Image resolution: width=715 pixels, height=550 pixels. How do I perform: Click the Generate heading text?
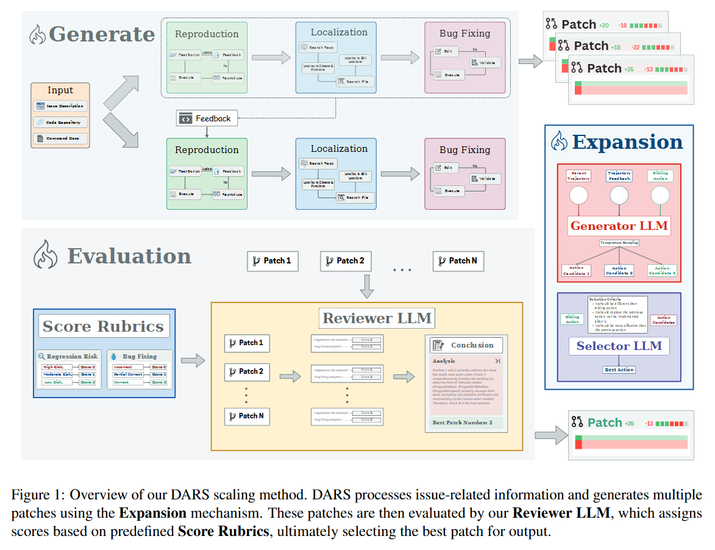(101, 34)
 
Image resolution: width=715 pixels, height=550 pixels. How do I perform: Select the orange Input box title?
(60, 90)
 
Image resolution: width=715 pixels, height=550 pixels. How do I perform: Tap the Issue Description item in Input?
(60, 106)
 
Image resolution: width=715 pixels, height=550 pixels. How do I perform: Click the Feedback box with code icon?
(207, 118)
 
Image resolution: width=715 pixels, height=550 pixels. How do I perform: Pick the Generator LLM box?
(619, 226)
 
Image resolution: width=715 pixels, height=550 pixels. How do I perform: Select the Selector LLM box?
(619, 346)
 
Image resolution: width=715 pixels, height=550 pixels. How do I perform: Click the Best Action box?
(619, 370)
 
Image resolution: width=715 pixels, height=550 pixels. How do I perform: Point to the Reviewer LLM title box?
(377, 318)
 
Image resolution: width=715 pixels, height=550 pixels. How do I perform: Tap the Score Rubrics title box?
(103, 326)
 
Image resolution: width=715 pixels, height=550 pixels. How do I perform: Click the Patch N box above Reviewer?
(458, 261)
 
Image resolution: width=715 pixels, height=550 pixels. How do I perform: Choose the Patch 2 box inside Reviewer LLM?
(247, 371)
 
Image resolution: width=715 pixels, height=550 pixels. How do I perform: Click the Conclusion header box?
(466, 345)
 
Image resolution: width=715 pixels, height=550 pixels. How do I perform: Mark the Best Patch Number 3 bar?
(466, 423)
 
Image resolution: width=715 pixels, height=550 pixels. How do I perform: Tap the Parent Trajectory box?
(578, 176)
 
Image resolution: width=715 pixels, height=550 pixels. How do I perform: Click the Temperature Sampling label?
(619, 243)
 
